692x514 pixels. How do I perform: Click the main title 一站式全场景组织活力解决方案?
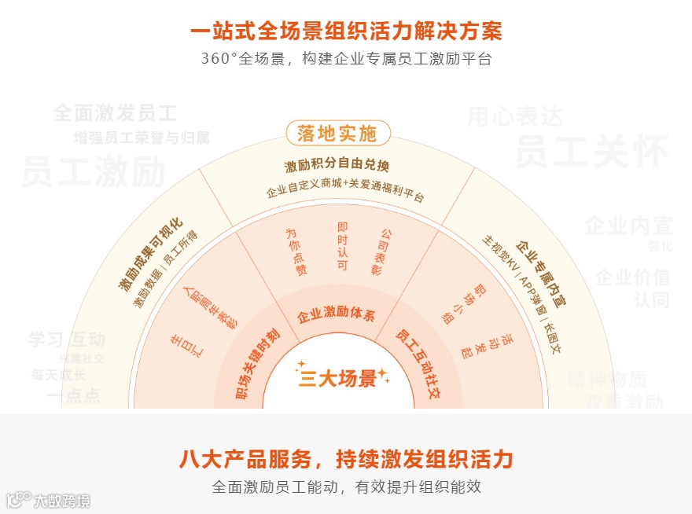click(346, 31)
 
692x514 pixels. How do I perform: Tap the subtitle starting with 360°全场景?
click(346, 59)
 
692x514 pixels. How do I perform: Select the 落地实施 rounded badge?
click(337, 134)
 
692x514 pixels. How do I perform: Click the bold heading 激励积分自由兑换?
click(337, 166)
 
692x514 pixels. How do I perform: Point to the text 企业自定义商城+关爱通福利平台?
click(345, 193)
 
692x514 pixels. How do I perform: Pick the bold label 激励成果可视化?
click(150, 253)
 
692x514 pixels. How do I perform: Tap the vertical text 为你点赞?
click(296, 251)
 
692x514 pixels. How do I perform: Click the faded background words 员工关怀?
click(591, 152)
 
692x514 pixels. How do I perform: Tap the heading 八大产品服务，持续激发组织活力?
click(346, 458)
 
